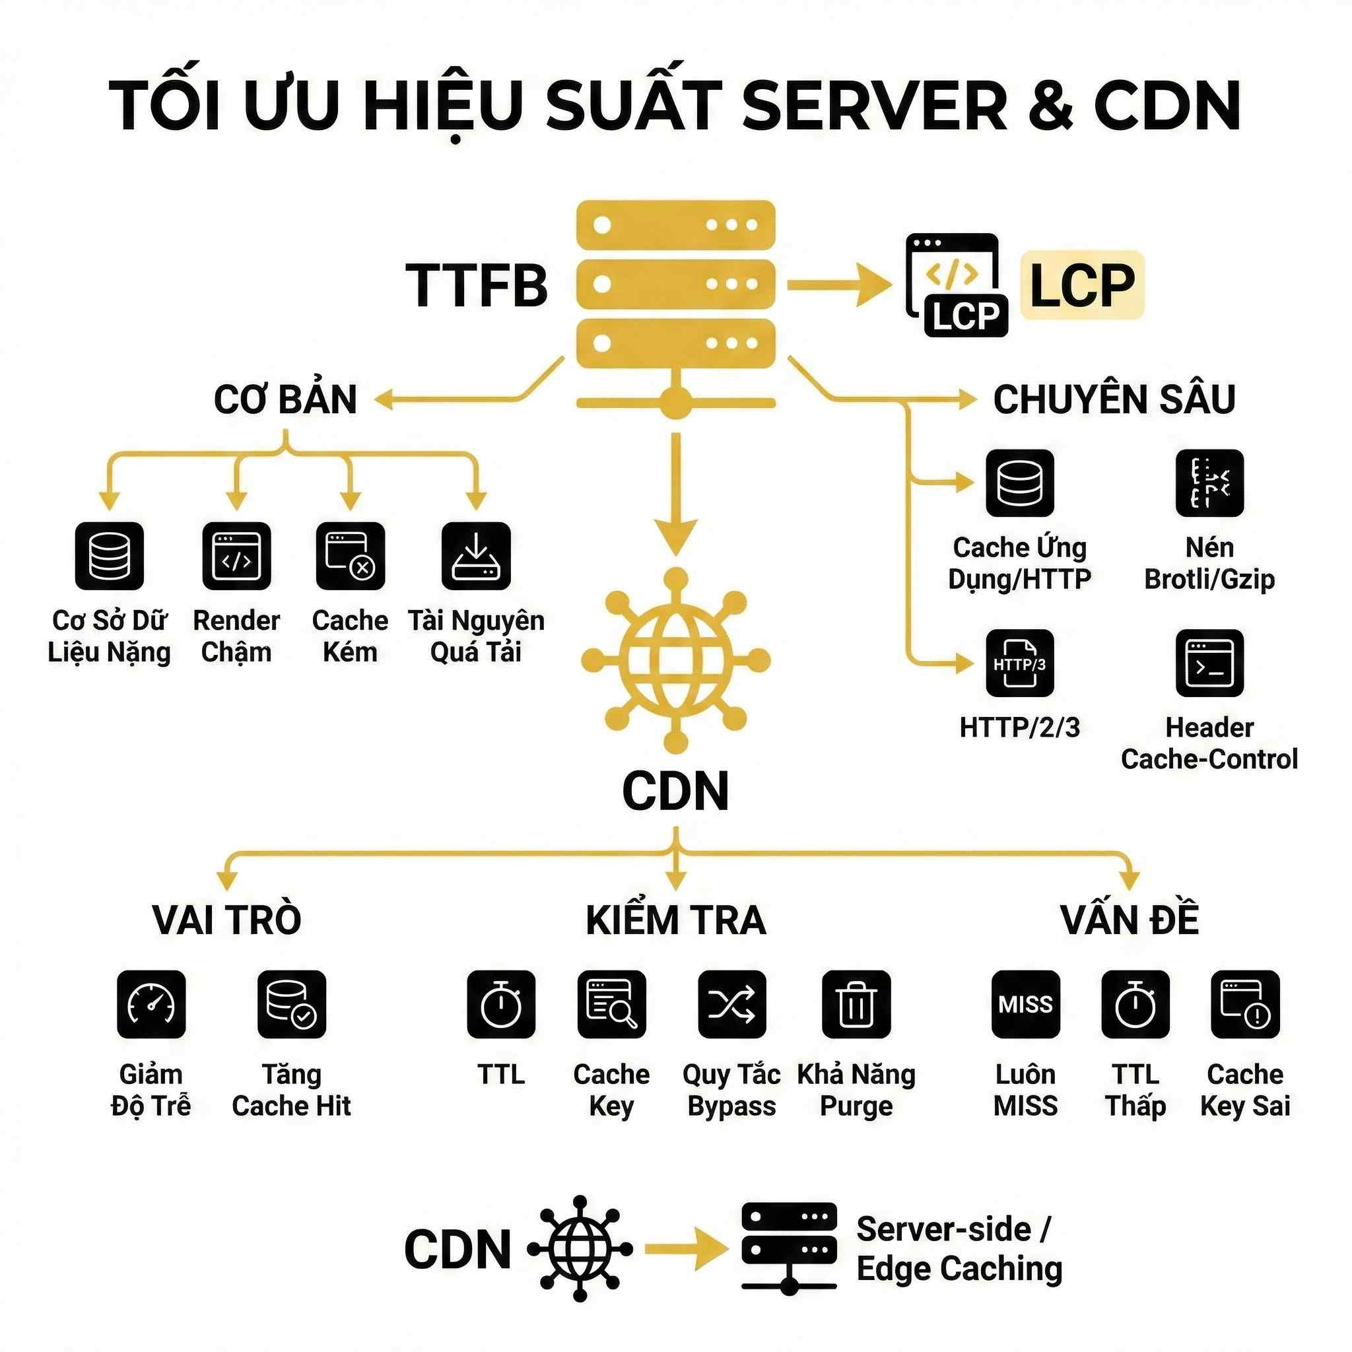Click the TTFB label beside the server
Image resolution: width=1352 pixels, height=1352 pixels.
[477, 285]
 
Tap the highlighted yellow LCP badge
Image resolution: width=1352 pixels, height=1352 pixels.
[1082, 285]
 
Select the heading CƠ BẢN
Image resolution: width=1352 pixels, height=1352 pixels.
[285, 399]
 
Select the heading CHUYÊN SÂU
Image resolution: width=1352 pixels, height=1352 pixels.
[1114, 399]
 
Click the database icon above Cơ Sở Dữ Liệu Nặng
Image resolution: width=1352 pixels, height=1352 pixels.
[109, 556]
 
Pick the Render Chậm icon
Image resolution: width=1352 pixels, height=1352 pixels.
[236, 556]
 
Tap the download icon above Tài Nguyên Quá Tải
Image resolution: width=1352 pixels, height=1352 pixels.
[476, 556]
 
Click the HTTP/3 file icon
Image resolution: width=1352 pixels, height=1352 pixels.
[1019, 663]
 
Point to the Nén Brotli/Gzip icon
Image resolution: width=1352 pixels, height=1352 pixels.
[1209, 483]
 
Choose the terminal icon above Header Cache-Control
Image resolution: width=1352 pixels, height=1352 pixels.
[1209, 663]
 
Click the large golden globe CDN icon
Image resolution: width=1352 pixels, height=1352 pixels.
[675, 660]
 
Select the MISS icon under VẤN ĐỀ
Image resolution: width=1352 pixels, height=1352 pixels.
[1025, 1004]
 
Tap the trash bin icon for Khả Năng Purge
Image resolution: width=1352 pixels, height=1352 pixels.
[856, 1004]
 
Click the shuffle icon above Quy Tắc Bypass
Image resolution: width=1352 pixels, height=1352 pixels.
[732, 1004]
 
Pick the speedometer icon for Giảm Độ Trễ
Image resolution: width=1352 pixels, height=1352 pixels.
[151, 1004]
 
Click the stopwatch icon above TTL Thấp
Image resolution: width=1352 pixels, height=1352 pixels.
[1135, 1004]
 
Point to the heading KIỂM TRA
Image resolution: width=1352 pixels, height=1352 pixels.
[676, 920]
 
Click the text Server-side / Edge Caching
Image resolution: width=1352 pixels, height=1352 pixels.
[959, 1248]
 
